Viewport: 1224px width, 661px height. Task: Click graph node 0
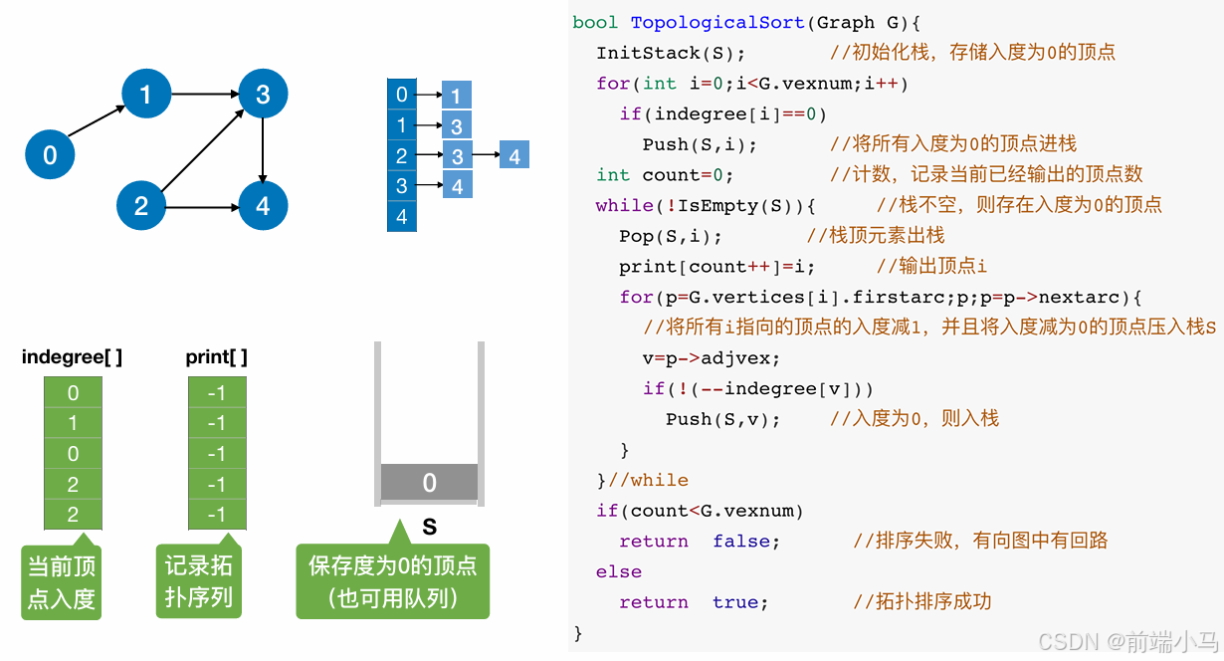[x=50, y=154]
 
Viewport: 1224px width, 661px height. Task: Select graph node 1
[x=146, y=95]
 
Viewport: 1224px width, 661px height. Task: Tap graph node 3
[x=263, y=95]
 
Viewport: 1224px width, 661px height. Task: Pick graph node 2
[x=141, y=206]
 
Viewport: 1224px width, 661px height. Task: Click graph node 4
[x=263, y=206]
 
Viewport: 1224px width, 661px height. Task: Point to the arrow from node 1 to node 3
[x=204, y=95]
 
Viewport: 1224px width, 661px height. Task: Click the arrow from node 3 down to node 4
[x=263, y=149]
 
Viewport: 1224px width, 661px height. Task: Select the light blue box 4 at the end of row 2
[x=513, y=156]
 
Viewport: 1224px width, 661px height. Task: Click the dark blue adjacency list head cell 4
[x=402, y=216]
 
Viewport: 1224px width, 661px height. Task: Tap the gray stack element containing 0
[x=429, y=483]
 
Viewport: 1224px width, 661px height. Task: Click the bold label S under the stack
[x=429, y=528]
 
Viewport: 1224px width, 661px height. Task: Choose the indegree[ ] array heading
[x=72, y=357]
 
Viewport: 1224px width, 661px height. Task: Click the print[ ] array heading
[x=216, y=357]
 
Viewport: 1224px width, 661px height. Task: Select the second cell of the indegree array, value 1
[x=73, y=423]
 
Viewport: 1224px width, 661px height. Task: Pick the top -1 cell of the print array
[x=216, y=393]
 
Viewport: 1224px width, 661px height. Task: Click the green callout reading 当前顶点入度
[x=61, y=582]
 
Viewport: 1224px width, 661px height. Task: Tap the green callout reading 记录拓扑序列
[x=198, y=582]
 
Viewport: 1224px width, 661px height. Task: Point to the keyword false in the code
[x=746, y=541]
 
